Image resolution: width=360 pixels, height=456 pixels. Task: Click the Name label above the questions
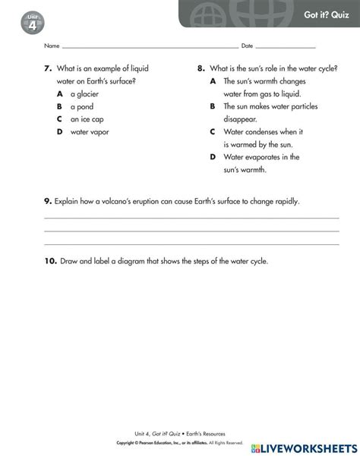[52, 46]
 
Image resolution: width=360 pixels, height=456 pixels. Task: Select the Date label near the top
[247, 46]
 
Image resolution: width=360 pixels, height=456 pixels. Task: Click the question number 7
[47, 68]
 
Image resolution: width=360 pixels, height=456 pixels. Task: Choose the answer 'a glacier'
[84, 94]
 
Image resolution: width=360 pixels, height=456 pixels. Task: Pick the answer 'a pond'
[82, 107]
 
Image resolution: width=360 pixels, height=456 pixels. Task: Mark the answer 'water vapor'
[90, 132]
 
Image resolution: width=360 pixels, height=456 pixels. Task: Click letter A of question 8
[213, 80]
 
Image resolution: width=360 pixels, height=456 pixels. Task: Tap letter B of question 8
[213, 106]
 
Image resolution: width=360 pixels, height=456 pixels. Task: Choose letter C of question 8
[213, 132]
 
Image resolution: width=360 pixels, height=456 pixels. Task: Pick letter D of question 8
[213, 157]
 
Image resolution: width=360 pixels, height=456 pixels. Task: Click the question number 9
[47, 201]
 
